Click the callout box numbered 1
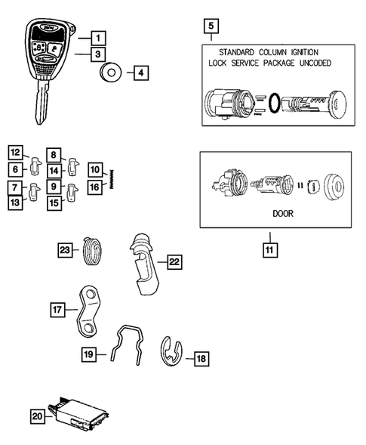97,36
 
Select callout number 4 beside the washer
140,73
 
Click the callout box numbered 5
211,28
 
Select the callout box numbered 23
64,250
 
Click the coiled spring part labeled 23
91,249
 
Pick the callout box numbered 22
173,262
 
